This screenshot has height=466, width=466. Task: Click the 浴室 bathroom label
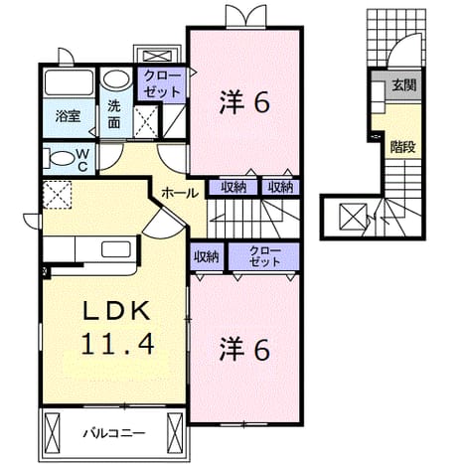[x=68, y=116]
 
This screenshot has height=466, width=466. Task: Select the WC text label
[x=82, y=160]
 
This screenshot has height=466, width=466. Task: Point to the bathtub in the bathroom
[x=69, y=81]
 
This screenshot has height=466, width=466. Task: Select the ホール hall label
[x=180, y=193]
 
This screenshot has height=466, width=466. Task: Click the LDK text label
[x=116, y=311]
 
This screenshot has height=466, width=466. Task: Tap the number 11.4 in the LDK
[x=117, y=344]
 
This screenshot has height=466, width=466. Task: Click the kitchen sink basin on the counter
[x=116, y=249]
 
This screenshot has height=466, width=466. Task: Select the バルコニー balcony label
[x=113, y=433]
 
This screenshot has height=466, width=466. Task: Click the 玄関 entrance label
[x=403, y=85]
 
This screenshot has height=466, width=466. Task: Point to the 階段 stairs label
[x=402, y=146]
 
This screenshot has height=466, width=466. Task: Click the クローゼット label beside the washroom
[x=162, y=83]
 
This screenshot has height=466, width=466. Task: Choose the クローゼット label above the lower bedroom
[x=265, y=255]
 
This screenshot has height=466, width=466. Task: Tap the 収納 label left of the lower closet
[x=207, y=256]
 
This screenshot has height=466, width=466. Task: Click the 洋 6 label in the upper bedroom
[x=244, y=102]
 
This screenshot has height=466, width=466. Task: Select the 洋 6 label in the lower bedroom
[x=244, y=349]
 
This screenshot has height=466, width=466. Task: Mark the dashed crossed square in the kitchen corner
[x=58, y=195]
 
